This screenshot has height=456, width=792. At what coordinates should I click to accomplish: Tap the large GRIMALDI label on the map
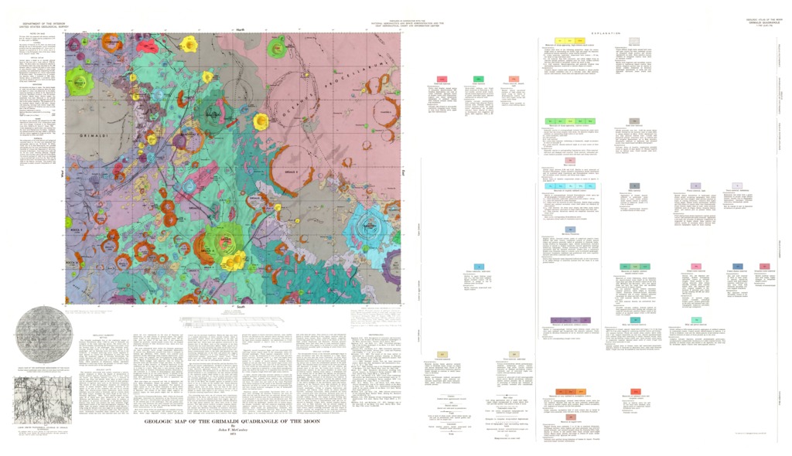pyautogui.click(x=97, y=134)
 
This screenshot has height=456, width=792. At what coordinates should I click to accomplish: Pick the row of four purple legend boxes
pyautogui.click(x=571, y=319)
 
